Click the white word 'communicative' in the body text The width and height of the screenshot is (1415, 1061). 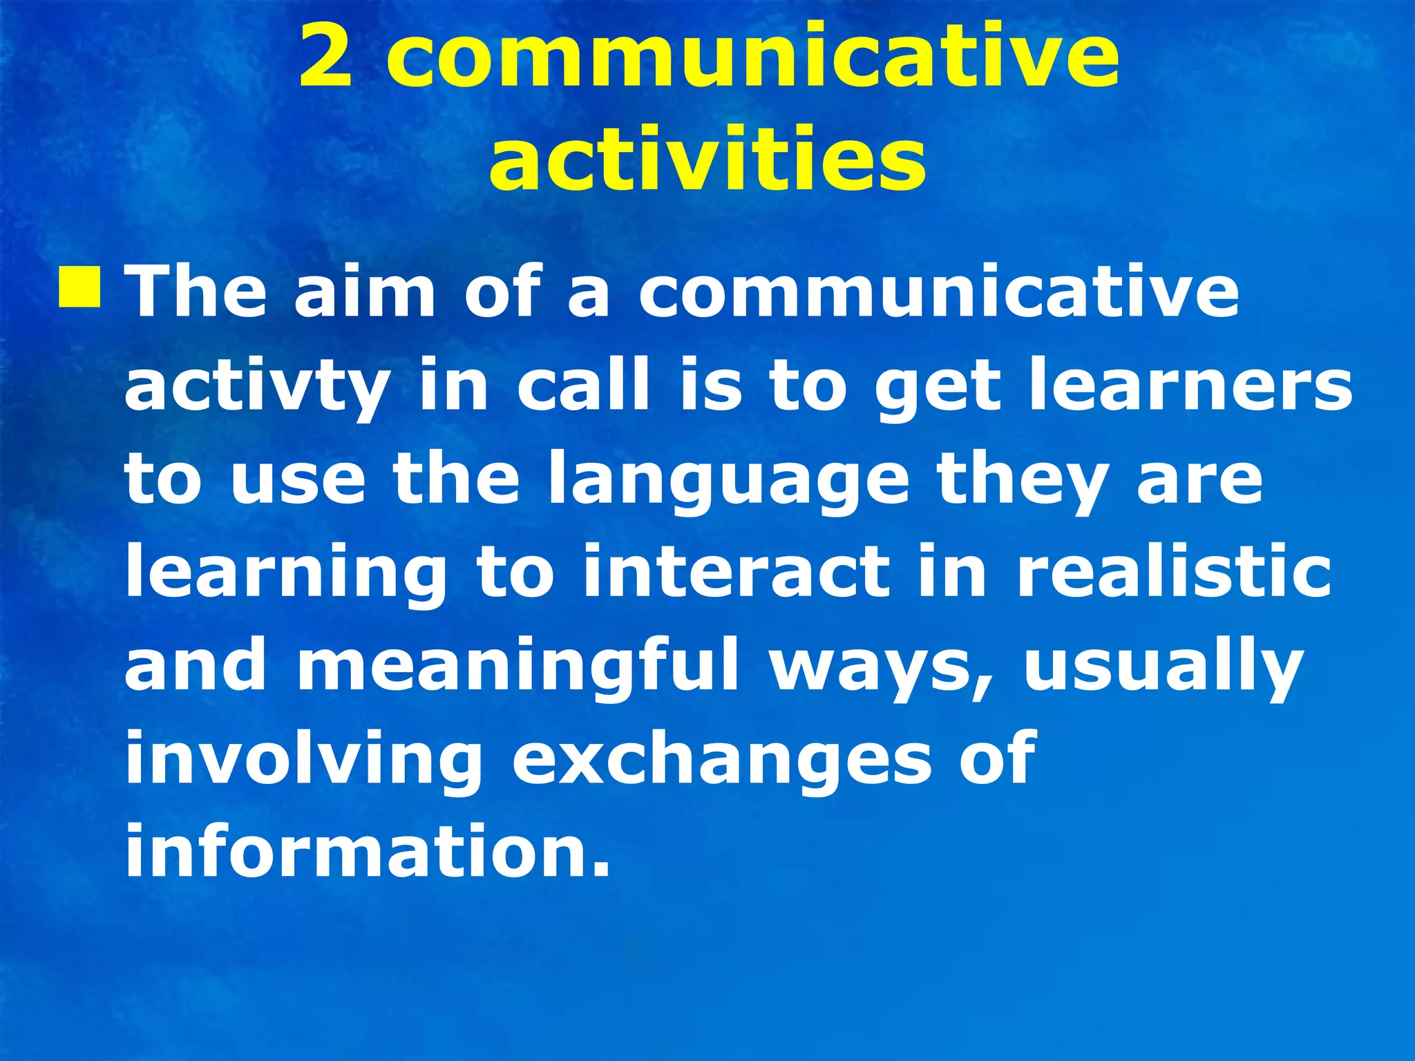pyautogui.click(x=938, y=294)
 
